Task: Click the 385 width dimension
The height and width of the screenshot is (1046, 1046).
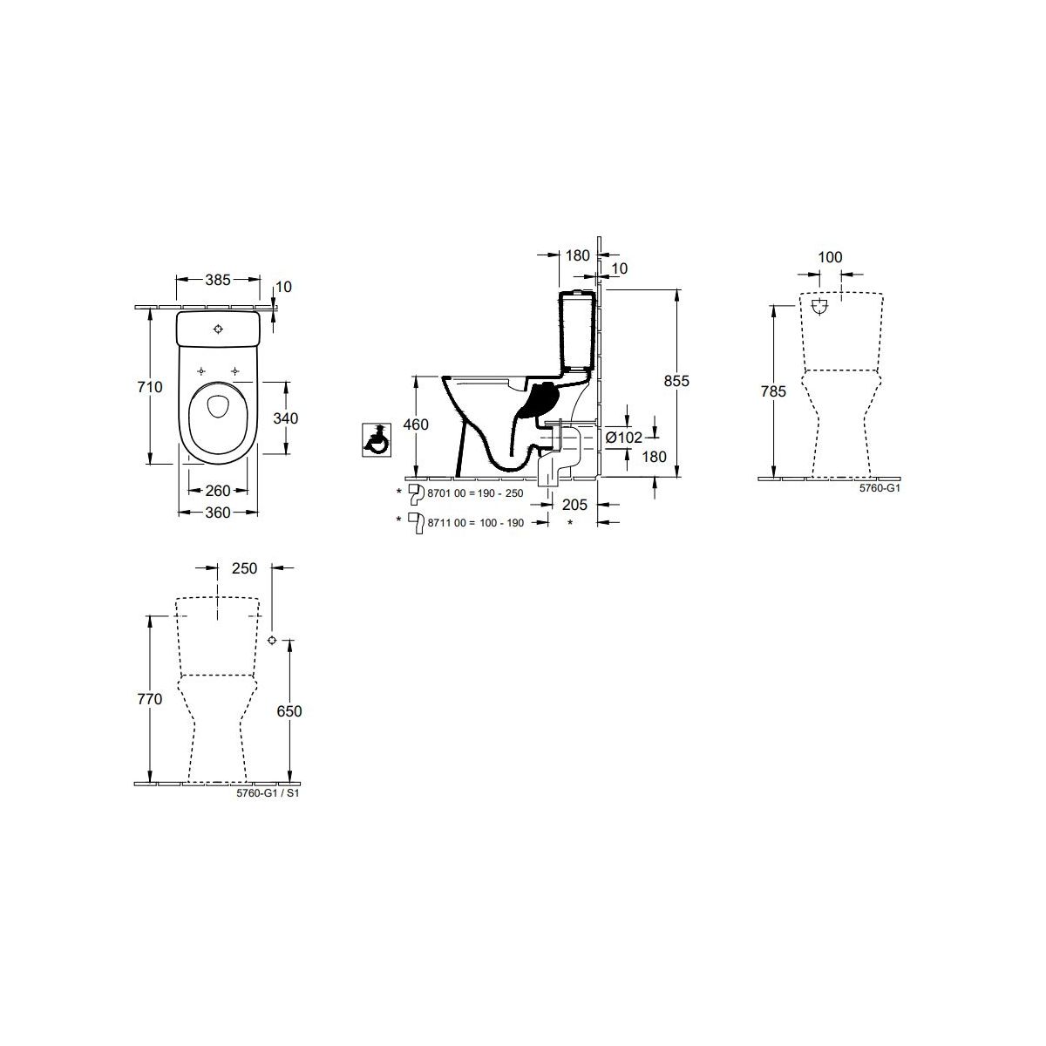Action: pos(218,280)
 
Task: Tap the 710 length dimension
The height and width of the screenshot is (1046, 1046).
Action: pos(150,387)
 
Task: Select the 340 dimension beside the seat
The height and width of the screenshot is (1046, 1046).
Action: pos(286,418)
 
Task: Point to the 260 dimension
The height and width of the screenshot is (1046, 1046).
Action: pos(218,491)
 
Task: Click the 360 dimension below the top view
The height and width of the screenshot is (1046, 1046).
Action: pos(218,513)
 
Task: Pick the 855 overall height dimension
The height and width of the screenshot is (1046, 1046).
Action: pos(676,381)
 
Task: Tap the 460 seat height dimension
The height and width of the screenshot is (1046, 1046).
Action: pos(416,425)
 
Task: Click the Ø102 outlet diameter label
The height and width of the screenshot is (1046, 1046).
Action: pos(624,438)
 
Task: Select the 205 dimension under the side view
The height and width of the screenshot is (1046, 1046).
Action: pos(574,505)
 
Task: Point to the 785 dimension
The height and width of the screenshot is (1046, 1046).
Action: pos(773,391)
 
